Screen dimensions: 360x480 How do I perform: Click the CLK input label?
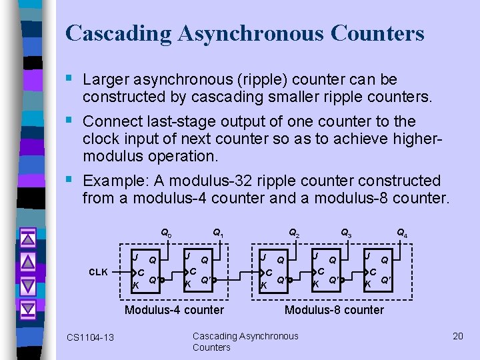pos(99,272)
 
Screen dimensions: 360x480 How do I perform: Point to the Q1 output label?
pos(217,233)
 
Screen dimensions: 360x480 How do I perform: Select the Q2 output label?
pos(293,233)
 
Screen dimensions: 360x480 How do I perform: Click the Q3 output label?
pos(346,233)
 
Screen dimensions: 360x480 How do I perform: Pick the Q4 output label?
pos(402,233)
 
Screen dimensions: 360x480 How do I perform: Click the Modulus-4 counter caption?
pos(175,310)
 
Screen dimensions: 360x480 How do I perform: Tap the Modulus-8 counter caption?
pos(334,310)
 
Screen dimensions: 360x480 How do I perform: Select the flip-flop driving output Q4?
pos(379,271)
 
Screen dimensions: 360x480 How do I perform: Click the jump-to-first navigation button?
pos(27,237)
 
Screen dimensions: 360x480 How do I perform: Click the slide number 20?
pos(457,336)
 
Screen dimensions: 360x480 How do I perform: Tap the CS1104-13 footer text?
pos(90,337)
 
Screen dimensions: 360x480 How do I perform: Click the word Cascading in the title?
pos(111,33)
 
